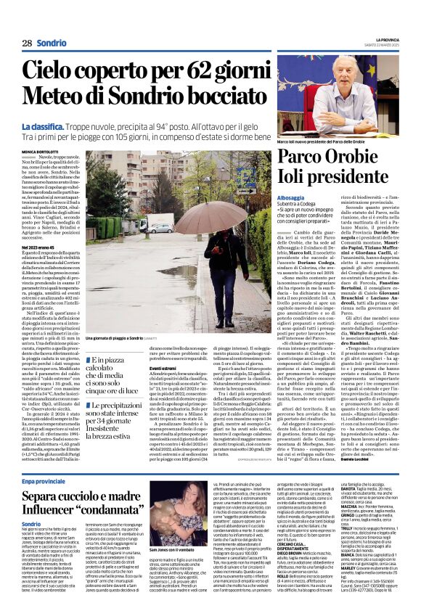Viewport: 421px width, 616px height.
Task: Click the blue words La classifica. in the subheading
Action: point(43,127)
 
